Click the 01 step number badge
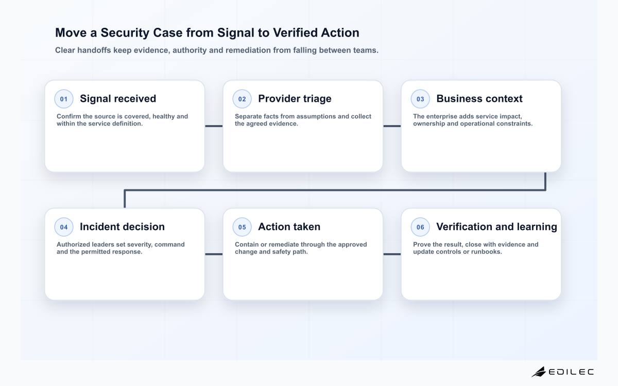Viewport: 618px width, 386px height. [x=64, y=99]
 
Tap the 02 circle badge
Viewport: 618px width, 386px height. [x=242, y=99]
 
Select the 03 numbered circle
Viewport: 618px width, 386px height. [x=420, y=99]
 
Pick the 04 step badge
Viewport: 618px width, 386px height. [x=64, y=227]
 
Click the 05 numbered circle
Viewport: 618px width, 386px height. [x=242, y=227]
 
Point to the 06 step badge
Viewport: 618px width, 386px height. [x=420, y=227]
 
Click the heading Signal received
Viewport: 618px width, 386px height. [x=118, y=99]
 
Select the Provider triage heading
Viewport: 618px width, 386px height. [x=295, y=99]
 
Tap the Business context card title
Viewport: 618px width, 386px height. [x=479, y=99]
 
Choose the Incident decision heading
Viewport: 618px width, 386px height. [x=122, y=226]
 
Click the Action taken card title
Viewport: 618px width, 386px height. [x=289, y=226]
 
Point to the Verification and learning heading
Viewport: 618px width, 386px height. [x=496, y=226]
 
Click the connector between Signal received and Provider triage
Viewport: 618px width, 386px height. [x=214, y=126]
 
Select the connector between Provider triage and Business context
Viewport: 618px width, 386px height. [x=392, y=126]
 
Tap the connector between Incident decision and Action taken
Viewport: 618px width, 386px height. [x=214, y=254]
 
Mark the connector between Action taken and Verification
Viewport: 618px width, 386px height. [x=392, y=254]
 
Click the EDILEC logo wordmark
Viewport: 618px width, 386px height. [x=571, y=372]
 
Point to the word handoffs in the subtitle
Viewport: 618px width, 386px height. [x=93, y=50]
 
